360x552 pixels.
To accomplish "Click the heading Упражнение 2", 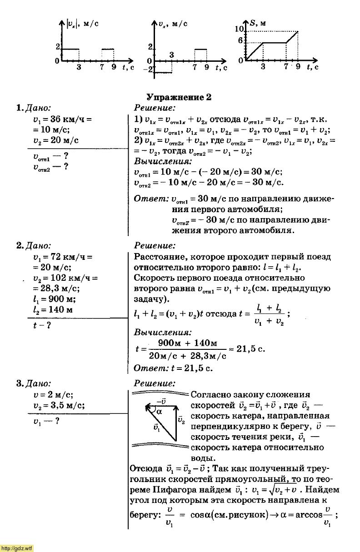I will (x=179, y=97).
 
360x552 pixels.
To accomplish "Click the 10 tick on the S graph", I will (x=240, y=29).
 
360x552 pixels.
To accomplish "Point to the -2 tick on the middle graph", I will (x=148, y=70).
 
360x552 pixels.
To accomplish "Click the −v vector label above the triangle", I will (x=160, y=401).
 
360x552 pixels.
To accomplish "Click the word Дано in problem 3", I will (x=38, y=383).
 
